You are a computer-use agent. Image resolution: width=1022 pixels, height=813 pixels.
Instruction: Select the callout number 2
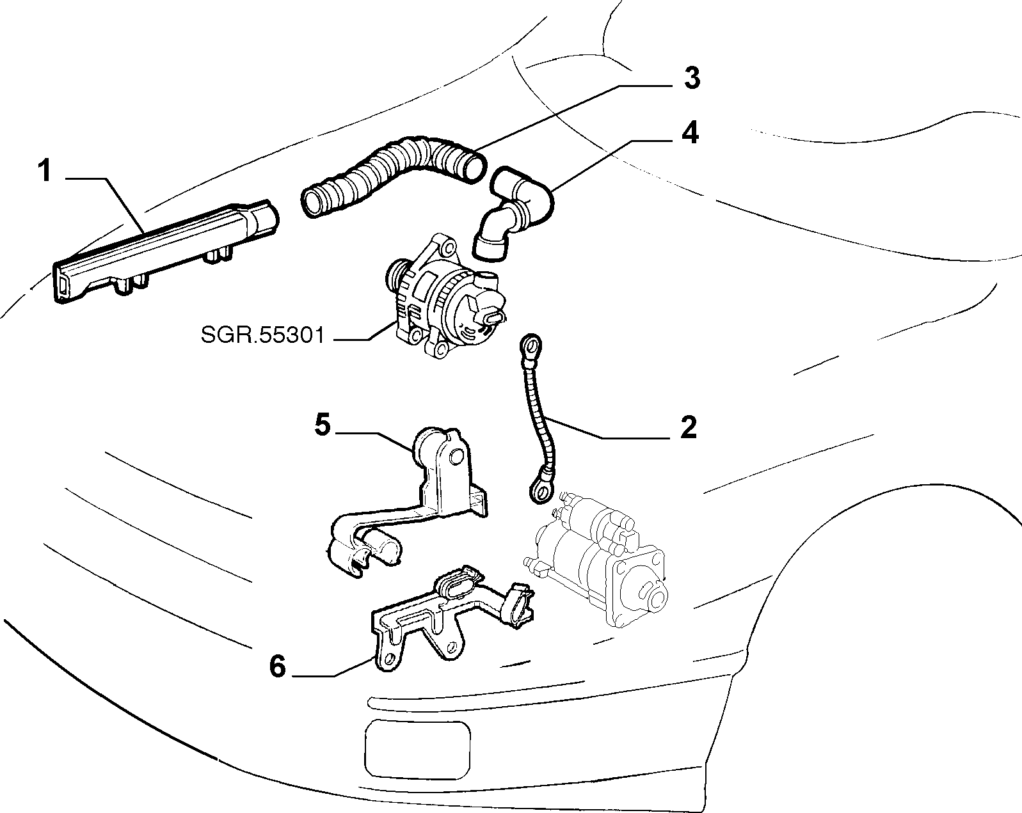point(688,427)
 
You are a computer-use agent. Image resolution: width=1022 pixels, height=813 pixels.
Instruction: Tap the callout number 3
point(692,78)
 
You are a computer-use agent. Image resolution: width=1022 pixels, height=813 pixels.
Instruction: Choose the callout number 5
point(323,424)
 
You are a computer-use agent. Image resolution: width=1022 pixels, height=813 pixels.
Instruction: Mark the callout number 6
point(278,667)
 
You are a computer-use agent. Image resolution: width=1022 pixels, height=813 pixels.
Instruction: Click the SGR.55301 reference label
point(262,335)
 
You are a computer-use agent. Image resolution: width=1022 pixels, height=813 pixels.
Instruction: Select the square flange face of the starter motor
point(639,589)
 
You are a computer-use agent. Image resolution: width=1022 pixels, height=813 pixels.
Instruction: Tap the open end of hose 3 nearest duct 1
point(312,203)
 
